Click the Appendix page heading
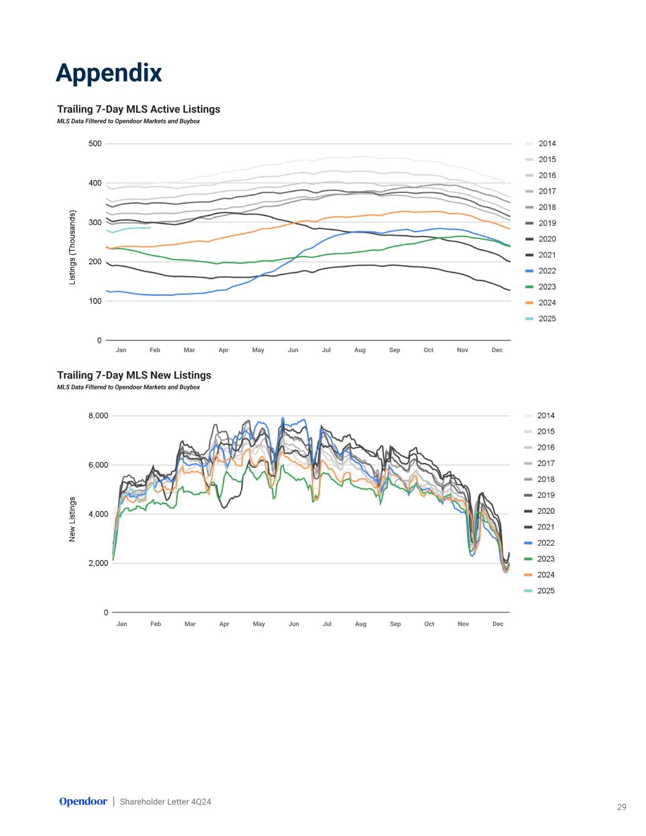pos(108,73)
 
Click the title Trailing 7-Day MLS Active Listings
pos(138,109)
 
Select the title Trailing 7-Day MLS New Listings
pos(134,375)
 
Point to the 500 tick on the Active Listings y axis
pos(95,144)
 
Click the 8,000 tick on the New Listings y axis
pos(98,416)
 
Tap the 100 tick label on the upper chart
pos(95,301)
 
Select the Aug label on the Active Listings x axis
pos(359,350)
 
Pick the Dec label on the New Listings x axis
pos(497,623)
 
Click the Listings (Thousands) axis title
pos(72,247)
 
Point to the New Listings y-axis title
pos(72,519)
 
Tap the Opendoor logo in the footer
pos(83,801)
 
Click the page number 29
pos(622,807)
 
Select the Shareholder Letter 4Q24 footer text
pos(165,802)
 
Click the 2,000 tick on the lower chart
pos(98,563)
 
